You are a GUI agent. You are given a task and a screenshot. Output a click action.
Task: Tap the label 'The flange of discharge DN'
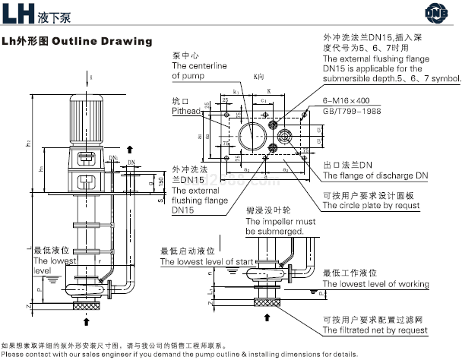[375, 175]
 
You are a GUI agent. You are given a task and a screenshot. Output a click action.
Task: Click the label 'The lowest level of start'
[204, 261]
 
